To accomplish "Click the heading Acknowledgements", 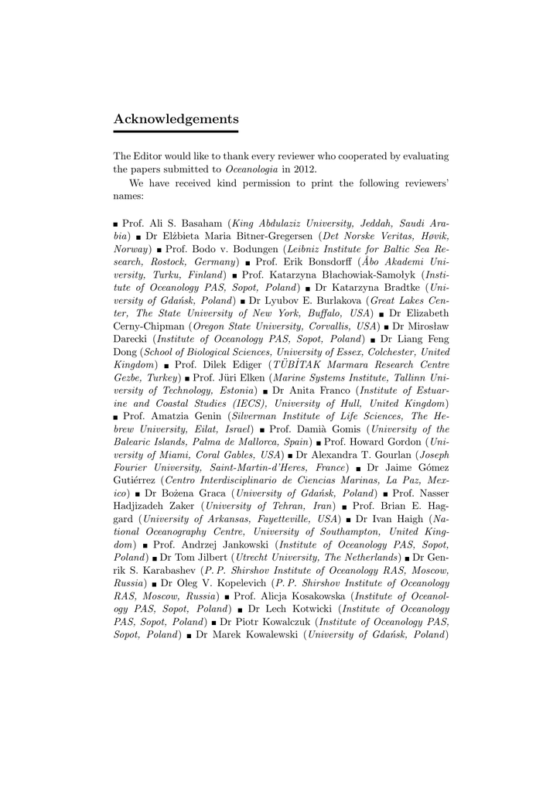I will (x=176, y=119).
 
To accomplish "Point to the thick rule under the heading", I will (x=176, y=132).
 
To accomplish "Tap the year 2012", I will (x=302, y=169).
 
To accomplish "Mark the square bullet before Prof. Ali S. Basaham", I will (x=116, y=224).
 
